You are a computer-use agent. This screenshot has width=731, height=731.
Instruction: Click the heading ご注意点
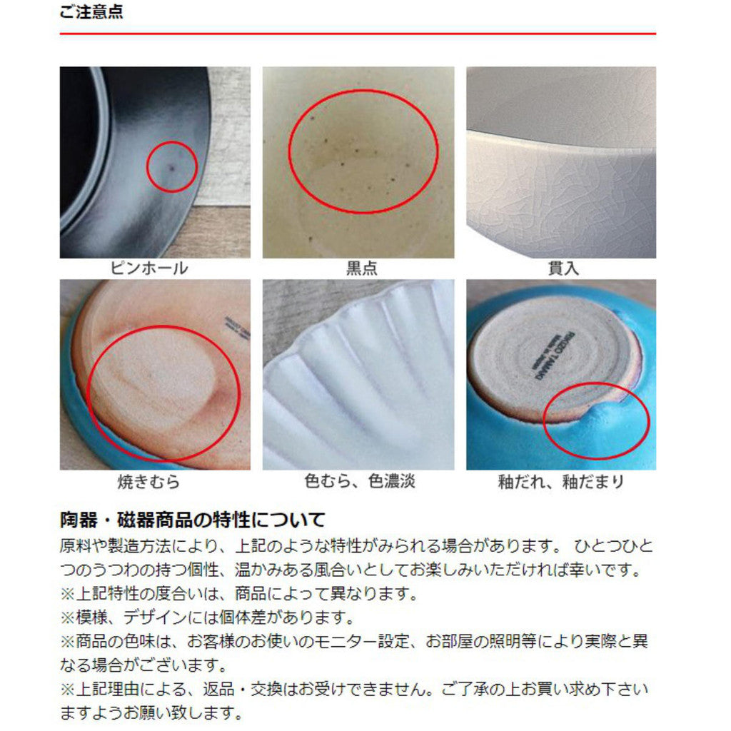pyautogui.click(x=91, y=13)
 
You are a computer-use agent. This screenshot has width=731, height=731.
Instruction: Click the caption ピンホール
pyautogui.click(x=149, y=268)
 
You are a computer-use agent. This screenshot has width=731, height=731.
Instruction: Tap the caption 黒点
pyautogui.click(x=361, y=268)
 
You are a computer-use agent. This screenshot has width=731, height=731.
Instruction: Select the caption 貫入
pyautogui.click(x=563, y=268)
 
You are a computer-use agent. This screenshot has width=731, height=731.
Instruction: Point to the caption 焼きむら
pyautogui.click(x=148, y=482)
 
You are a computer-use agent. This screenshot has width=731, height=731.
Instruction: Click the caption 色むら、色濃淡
pyautogui.click(x=360, y=482)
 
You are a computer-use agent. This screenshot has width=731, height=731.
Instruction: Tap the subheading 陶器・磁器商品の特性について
pyautogui.click(x=192, y=519)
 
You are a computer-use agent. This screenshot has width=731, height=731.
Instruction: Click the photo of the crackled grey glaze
pyautogui.click(x=561, y=162)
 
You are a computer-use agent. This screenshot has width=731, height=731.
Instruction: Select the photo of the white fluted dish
pyautogui.click(x=358, y=374)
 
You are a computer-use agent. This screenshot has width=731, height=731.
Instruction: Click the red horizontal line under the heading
pyautogui.click(x=357, y=34)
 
